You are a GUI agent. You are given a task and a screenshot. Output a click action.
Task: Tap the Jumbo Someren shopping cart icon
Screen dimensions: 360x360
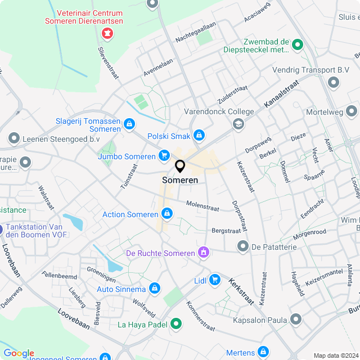tap(164, 156)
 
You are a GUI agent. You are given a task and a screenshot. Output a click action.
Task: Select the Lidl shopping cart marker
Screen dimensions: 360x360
tap(214, 279)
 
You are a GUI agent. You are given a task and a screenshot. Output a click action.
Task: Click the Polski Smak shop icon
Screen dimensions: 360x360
tap(199, 135)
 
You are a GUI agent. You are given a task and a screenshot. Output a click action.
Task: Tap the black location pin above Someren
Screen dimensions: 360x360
tap(180, 166)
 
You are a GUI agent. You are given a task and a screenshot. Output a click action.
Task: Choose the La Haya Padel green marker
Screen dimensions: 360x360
tap(175, 324)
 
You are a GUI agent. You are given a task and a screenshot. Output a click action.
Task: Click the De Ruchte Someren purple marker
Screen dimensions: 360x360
tap(204, 253)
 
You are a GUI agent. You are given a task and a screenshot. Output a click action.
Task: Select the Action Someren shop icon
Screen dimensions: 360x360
tap(166, 214)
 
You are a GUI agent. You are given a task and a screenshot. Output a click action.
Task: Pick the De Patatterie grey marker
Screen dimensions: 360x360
tap(242, 246)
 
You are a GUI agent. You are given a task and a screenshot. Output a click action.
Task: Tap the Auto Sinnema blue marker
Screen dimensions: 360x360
tap(155, 289)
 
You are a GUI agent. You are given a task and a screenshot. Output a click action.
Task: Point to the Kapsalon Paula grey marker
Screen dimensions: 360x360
tap(296, 320)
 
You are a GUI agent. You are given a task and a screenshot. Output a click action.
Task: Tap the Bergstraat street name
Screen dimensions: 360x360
tap(226, 231)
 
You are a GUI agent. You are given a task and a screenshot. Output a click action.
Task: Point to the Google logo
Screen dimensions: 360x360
tap(19, 353)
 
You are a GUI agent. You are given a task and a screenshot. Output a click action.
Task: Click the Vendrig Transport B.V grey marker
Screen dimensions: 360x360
tap(334, 83)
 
